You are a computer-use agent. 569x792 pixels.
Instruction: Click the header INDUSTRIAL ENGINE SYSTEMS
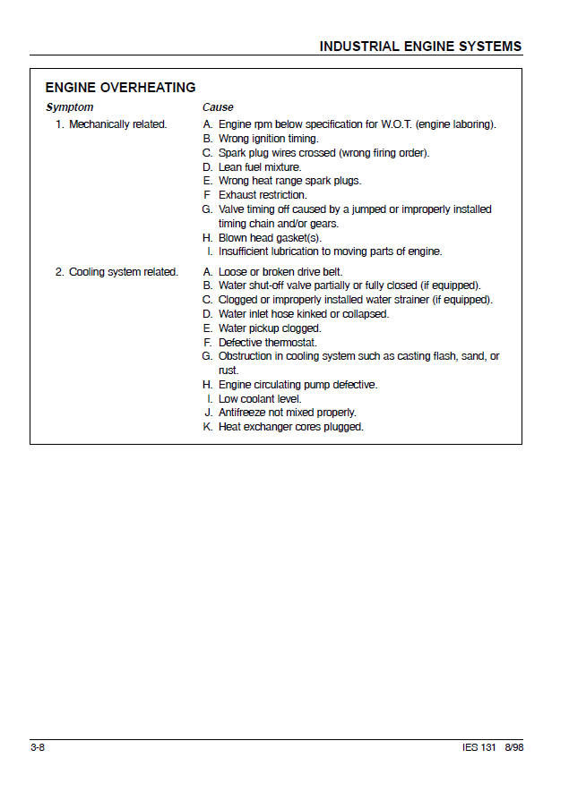click(420, 47)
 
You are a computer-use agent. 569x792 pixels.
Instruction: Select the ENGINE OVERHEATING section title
click(120, 88)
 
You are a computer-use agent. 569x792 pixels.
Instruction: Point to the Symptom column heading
click(69, 107)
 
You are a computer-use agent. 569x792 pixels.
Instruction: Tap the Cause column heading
click(218, 107)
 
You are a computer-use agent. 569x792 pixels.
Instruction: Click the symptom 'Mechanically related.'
click(117, 124)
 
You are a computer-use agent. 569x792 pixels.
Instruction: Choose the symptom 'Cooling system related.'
click(123, 272)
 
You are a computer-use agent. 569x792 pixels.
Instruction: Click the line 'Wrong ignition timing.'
click(268, 139)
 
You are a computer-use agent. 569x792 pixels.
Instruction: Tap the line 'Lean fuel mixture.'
click(260, 167)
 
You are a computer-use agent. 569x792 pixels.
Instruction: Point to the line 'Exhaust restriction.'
click(263, 195)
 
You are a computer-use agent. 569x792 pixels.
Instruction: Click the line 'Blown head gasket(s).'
click(270, 238)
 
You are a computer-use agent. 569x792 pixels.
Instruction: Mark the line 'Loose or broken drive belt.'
click(280, 272)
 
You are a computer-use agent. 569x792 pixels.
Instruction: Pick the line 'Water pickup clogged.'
click(270, 328)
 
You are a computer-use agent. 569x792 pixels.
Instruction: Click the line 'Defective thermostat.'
click(268, 343)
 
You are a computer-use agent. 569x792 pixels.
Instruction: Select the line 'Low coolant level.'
click(260, 399)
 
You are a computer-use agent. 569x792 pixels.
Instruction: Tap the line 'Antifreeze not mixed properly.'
click(288, 413)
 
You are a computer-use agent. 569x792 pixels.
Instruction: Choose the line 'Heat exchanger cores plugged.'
click(291, 427)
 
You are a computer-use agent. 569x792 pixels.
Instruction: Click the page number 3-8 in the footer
click(38, 747)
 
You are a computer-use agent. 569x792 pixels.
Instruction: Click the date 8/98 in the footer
click(513, 747)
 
